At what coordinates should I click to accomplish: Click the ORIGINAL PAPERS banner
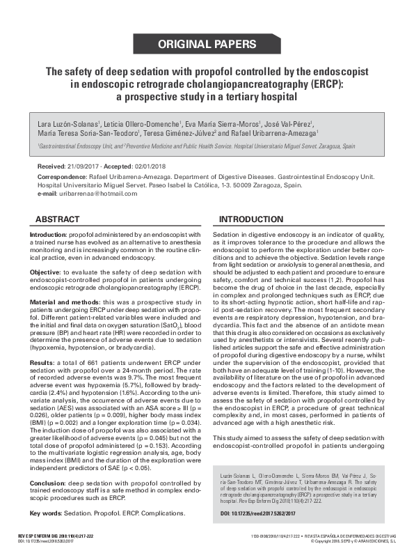tap(207, 45)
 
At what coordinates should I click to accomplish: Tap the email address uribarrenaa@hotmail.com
tap(90, 193)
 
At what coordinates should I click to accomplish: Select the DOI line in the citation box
tap(248, 513)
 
